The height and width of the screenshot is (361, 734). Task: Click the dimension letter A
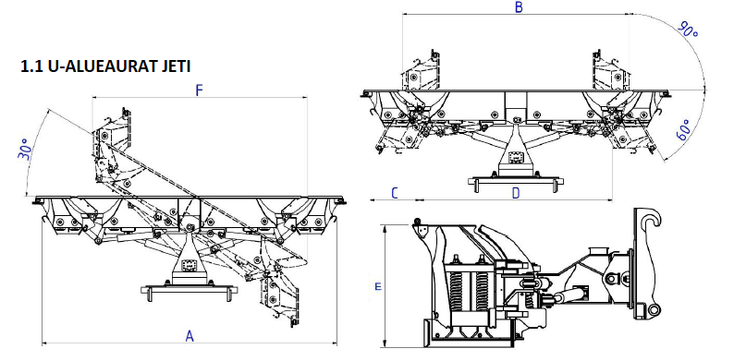pyautogui.click(x=190, y=336)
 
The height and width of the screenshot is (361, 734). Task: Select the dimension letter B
pyautogui.click(x=519, y=7)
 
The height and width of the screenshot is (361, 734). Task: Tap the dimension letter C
pyautogui.click(x=395, y=193)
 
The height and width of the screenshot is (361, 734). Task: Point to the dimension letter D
pyautogui.click(x=516, y=193)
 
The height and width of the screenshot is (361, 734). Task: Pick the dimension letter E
pyautogui.click(x=378, y=286)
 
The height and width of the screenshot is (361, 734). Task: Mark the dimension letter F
pyautogui.click(x=199, y=90)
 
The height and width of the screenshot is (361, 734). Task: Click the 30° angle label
pyautogui.click(x=25, y=150)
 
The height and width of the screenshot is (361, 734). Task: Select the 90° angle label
pyautogui.click(x=688, y=30)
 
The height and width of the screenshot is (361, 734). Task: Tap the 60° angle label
pyautogui.click(x=683, y=129)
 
